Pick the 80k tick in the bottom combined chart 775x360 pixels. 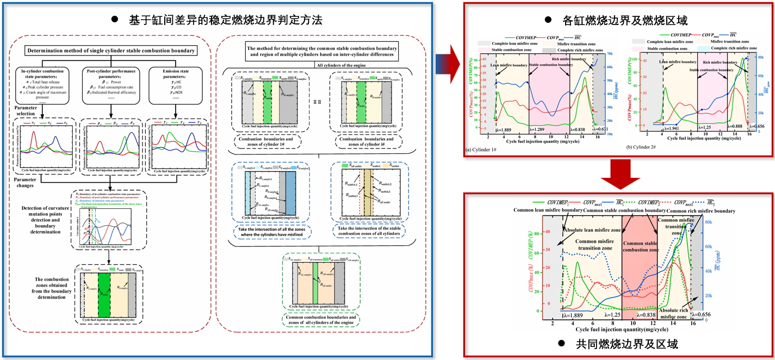709,222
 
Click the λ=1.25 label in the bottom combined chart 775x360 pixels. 613,315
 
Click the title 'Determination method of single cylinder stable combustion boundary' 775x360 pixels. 110,52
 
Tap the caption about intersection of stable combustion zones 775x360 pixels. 367,232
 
